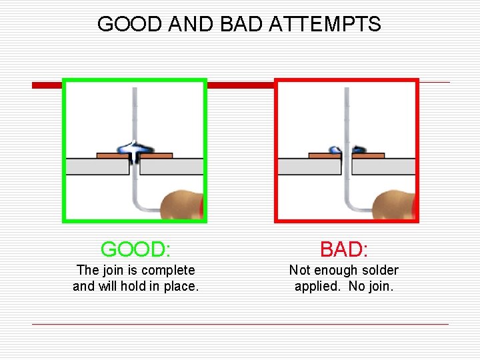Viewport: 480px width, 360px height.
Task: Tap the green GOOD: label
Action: click(135, 249)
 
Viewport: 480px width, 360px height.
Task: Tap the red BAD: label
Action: click(344, 249)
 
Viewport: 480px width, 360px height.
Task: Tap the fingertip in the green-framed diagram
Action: click(184, 203)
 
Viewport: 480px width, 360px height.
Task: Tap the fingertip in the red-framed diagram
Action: click(395, 203)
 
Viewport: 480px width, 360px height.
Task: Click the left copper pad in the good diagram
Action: click(111, 155)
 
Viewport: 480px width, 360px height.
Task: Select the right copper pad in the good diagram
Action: click(157, 155)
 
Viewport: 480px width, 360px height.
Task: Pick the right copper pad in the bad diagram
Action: click(369, 155)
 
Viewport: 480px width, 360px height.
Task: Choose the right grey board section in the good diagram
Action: click(172, 166)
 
